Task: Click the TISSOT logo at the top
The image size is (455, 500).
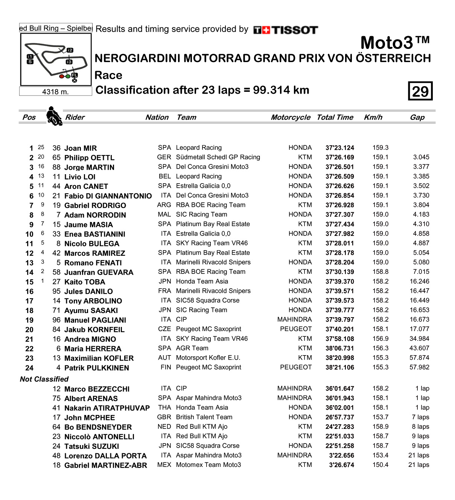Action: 286,30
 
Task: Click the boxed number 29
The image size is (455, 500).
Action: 420,91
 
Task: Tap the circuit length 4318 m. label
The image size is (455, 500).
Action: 55,92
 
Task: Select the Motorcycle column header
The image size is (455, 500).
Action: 291,117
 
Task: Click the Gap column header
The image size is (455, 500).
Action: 417,117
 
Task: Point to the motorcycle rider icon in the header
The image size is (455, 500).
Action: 54,116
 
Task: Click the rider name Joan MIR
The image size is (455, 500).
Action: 81,148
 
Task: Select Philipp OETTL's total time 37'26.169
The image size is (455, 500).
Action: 339,158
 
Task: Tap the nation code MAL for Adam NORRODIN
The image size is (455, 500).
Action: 164,214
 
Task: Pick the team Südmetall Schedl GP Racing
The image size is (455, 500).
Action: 218,157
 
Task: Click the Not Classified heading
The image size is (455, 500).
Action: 44,379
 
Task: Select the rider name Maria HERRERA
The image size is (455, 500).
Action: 93,349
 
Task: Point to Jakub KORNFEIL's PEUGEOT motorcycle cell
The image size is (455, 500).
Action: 296,329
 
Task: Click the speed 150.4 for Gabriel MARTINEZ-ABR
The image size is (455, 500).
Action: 380,465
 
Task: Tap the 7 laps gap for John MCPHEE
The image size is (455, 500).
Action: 420,417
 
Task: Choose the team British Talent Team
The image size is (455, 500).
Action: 204,417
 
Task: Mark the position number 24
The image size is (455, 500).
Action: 29,368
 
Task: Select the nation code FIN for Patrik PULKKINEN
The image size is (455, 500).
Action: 166,368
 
